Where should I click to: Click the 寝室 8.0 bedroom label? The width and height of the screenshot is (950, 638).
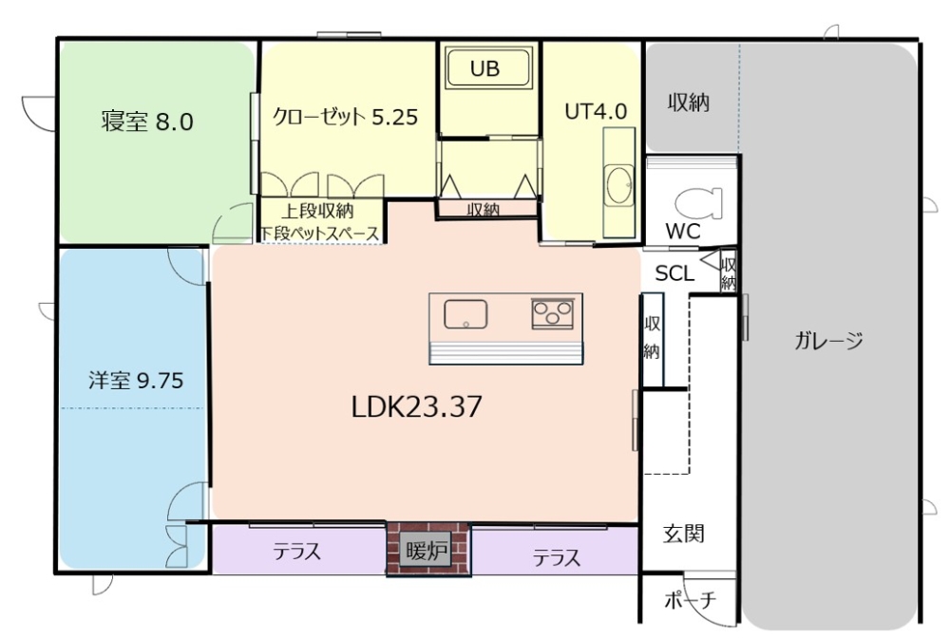(147, 122)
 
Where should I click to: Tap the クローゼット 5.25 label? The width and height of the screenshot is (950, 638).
(346, 116)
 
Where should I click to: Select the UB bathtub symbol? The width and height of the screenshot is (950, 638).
(488, 67)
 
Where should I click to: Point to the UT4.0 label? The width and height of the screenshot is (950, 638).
(596, 111)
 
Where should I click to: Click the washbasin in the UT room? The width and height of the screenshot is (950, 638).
(619, 183)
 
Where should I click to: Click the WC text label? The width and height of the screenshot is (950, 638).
(683, 232)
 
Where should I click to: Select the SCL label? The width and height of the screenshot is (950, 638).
(674, 273)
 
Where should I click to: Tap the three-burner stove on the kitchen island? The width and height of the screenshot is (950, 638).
(553, 313)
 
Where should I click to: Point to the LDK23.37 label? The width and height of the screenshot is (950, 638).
(417, 406)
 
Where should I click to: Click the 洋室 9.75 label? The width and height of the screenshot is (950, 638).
(136, 381)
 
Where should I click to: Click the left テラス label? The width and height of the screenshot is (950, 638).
(296, 552)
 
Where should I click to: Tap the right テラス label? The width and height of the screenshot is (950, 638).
(557, 557)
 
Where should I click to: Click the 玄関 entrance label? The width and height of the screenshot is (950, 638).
(683, 534)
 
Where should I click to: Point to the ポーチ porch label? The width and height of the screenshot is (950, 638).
(690, 600)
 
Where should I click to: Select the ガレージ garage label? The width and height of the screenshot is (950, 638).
(828, 341)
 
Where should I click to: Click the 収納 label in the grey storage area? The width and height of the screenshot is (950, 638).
(688, 103)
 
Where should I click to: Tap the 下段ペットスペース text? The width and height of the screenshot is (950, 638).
(320, 233)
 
